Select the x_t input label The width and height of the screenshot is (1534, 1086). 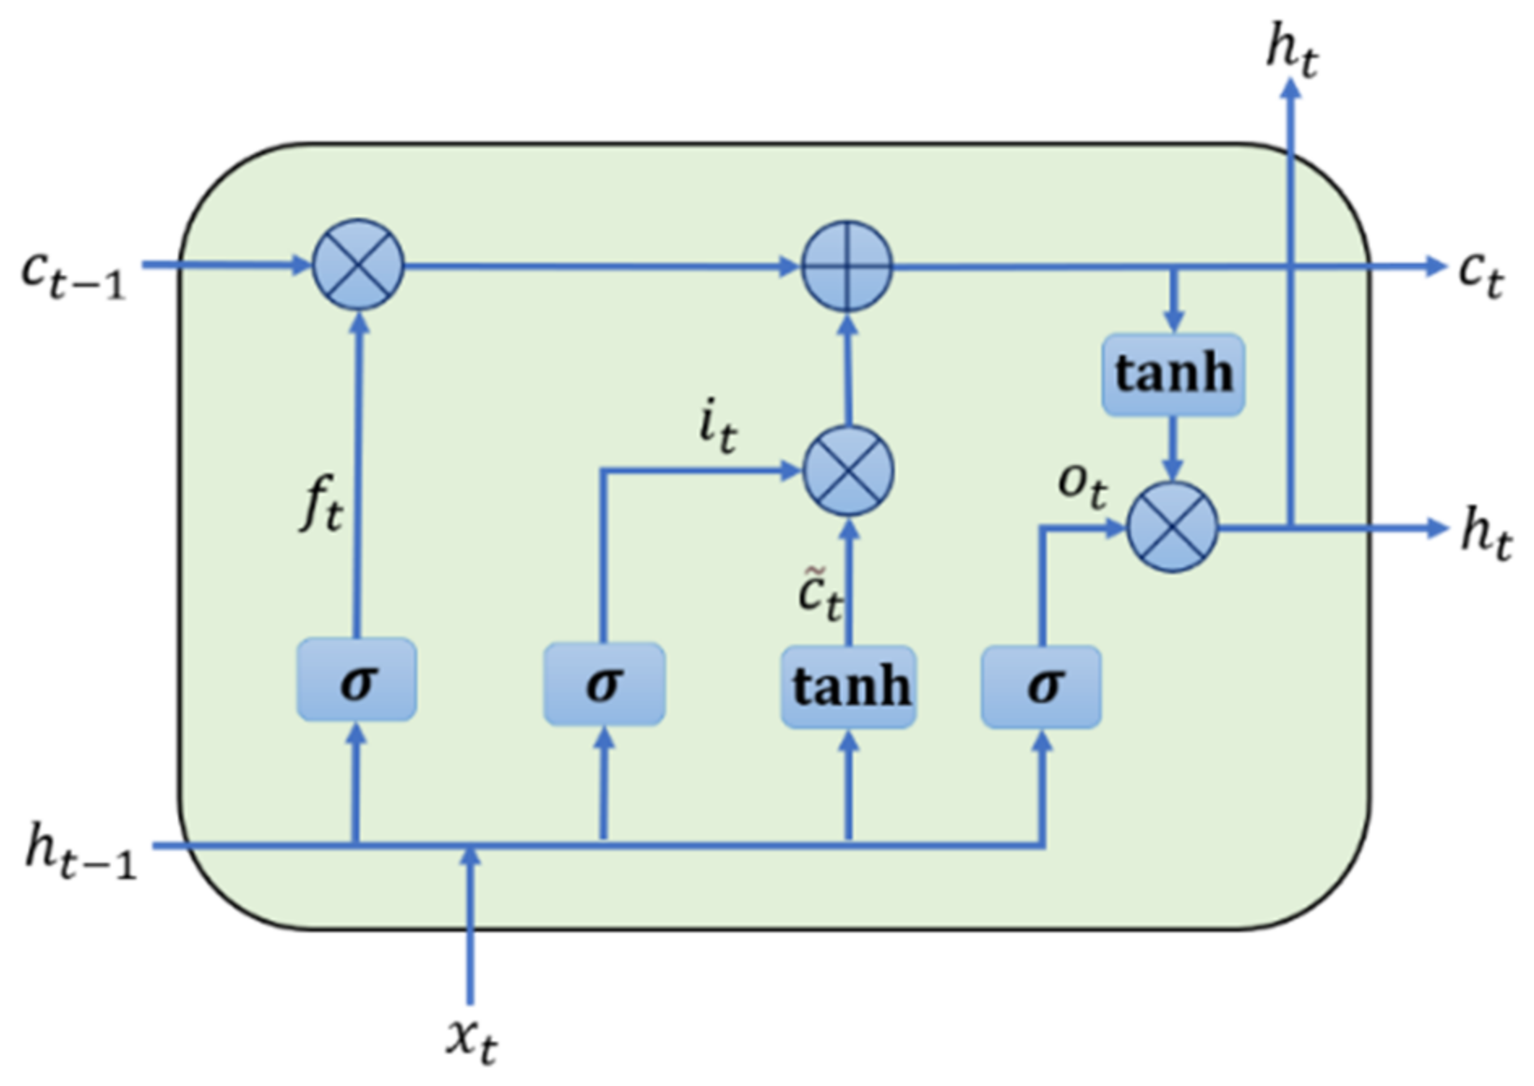tap(472, 1040)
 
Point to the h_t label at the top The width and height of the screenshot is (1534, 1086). tap(1292, 51)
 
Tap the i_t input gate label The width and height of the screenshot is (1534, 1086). tap(717, 428)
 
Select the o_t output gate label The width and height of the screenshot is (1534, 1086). tap(1082, 485)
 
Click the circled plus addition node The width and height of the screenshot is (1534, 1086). tap(847, 265)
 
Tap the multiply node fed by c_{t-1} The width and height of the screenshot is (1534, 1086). tap(358, 265)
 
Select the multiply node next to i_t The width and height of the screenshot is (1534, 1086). tap(848, 471)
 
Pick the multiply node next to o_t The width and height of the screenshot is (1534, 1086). tap(1173, 528)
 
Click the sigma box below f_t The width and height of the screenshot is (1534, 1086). tap(357, 680)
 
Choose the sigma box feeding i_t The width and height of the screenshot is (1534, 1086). tap(604, 683)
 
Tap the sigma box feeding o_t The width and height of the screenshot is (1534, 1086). tap(1042, 686)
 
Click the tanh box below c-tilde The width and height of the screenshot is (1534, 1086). tap(849, 687)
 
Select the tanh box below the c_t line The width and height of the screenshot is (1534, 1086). tap(1173, 374)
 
